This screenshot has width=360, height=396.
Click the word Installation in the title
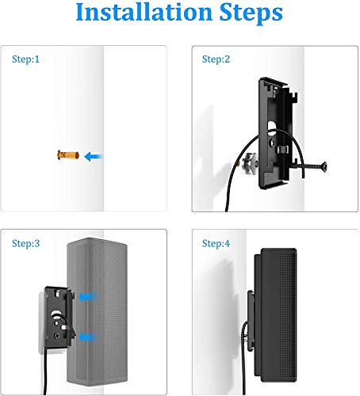pos(144,12)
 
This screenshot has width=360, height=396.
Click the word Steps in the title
pos(251,13)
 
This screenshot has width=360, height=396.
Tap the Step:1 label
pos(25,59)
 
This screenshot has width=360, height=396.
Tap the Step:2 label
pos(216,59)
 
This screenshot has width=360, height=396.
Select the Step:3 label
pos(25,243)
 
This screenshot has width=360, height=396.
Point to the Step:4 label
pos(216,243)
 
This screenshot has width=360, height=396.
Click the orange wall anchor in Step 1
pos(68,155)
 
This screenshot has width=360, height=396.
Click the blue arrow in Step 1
pos(93,157)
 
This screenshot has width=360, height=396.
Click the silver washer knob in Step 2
pos(250,164)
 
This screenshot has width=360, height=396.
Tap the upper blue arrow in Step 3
pos(89,297)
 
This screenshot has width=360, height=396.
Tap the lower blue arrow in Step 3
pos(89,337)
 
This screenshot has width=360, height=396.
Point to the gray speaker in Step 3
pos(97,311)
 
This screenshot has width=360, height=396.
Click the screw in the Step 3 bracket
pos(56,336)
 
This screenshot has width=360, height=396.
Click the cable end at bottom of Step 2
pos(227,209)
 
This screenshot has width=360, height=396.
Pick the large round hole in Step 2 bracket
pos(272,126)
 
